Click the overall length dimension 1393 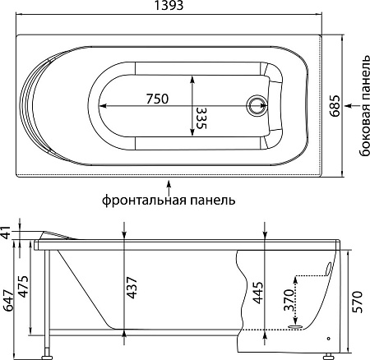click(x=169, y=5)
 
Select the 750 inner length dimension click(x=157, y=99)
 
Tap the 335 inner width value click(x=201, y=118)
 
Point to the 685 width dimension click(x=335, y=106)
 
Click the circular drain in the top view click(x=257, y=106)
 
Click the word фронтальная click(x=141, y=201)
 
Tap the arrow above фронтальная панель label click(x=169, y=187)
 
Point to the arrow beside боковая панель click(x=352, y=106)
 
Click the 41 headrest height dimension click(x=6, y=232)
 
